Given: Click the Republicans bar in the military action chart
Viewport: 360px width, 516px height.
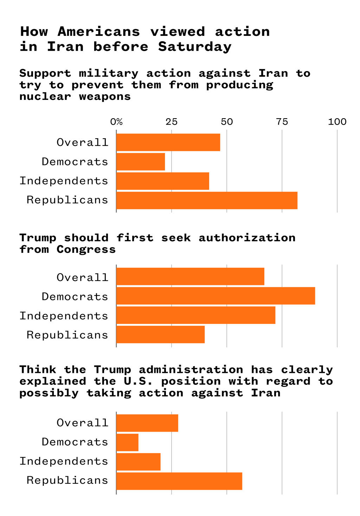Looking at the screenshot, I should click(207, 200).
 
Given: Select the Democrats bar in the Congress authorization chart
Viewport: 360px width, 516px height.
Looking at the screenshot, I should click(216, 296).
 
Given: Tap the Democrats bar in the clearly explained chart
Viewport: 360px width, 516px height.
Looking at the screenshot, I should click(127, 442).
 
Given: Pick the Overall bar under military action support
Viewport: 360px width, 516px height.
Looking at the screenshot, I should click(168, 142).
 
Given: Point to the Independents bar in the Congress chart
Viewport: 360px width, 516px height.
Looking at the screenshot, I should click(195, 315).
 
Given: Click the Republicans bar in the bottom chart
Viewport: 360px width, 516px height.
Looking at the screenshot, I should click(179, 481).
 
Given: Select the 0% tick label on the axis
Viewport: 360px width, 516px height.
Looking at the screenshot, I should click(116, 122).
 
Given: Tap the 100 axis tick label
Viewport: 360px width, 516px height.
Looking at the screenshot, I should click(337, 122).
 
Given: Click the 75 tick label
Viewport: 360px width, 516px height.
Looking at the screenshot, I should click(282, 122).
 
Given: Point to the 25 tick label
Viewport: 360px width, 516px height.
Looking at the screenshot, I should click(172, 122).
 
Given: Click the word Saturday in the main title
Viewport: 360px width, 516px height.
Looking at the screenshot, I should click(195, 47).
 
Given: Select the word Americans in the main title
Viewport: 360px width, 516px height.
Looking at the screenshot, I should click(99, 32).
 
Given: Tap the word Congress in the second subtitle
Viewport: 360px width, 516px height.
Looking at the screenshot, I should click(86, 249).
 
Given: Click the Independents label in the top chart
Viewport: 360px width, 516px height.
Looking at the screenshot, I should click(64, 181).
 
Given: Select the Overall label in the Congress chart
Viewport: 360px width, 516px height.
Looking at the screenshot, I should click(82, 278).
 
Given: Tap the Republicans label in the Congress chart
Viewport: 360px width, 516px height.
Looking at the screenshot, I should click(67, 335).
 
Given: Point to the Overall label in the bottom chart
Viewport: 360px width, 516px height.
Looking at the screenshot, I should click(82, 423).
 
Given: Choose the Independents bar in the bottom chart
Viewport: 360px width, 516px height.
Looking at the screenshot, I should click(138, 462).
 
